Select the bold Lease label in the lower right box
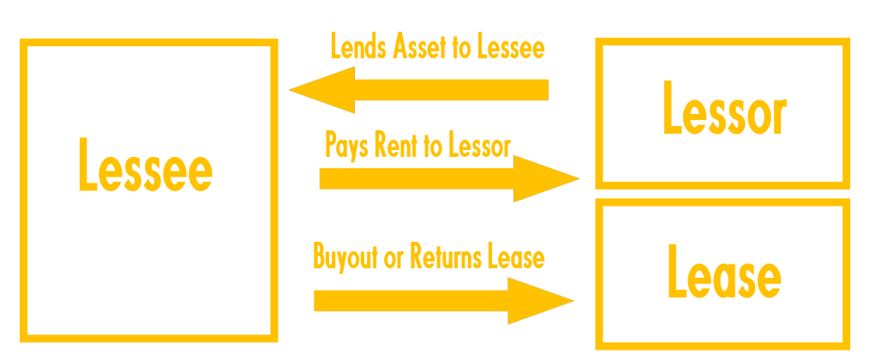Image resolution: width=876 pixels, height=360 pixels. coord(723,275)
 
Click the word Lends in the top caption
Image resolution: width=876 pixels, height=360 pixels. coord(357,48)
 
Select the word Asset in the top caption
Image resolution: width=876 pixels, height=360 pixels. coord(420,48)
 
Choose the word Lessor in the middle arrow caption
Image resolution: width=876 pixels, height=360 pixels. coord(480,145)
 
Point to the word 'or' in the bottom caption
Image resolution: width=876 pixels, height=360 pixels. coord(393,256)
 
